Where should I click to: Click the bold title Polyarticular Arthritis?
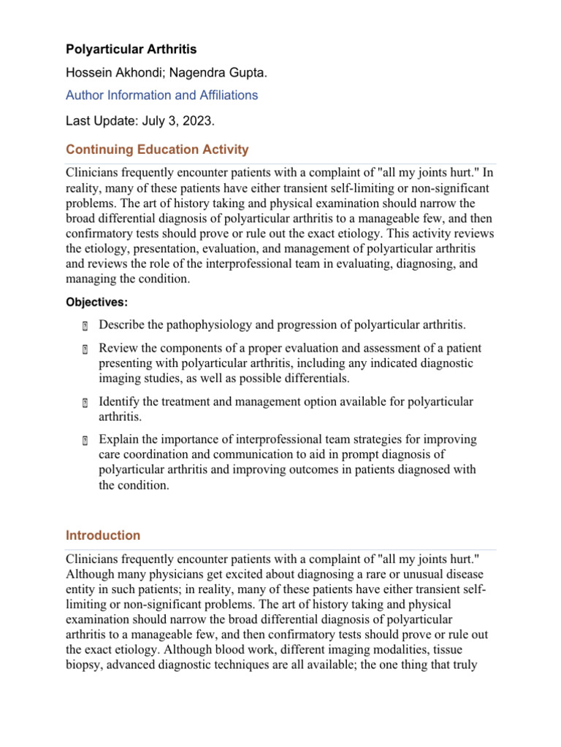click(x=131, y=50)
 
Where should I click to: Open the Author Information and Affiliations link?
click(x=161, y=95)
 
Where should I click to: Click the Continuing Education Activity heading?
click(x=157, y=150)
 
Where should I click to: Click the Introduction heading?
click(x=103, y=535)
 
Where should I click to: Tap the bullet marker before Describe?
click(x=85, y=325)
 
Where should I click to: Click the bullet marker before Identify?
click(x=85, y=403)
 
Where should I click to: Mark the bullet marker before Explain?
click(x=85, y=440)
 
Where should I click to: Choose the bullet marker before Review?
click(x=85, y=349)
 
